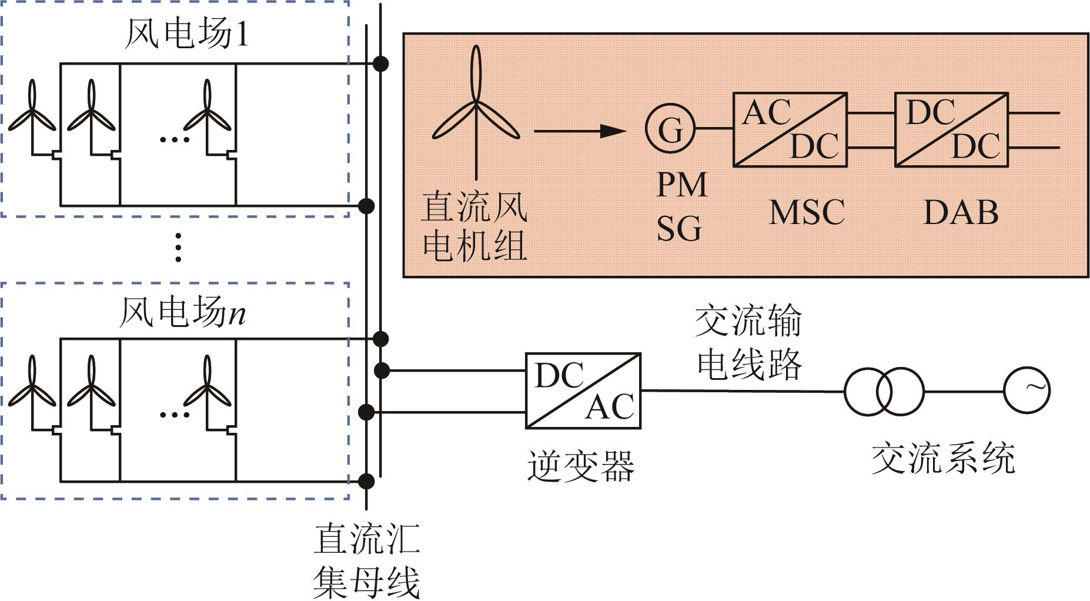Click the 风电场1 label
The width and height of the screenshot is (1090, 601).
click(187, 33)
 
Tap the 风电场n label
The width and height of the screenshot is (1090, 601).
click(182, 312)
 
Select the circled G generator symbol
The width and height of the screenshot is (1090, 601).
click(670, 128)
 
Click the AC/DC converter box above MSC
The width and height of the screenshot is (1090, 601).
click(790, 129)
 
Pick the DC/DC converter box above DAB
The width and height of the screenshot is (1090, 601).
click(952, 129)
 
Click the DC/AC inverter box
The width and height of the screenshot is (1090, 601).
click(583, 390)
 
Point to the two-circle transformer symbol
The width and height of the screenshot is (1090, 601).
click(884, 391)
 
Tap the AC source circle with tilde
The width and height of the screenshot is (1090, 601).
click(1027, 390)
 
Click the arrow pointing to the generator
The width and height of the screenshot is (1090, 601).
click(580, 131)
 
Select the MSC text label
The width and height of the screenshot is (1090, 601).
click(807, 212)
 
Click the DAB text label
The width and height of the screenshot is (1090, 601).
click(961, 212)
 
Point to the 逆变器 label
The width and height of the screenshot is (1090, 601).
click(581, 466)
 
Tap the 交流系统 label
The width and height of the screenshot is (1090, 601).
click(944, 458)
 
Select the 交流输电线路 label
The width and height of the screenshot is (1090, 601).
click(749, 343)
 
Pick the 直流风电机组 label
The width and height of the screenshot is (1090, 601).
click(474, 226)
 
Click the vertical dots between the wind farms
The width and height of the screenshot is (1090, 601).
click(179, 248)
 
